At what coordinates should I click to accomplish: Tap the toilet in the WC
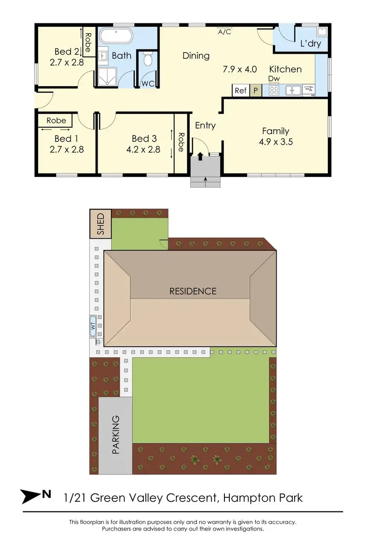[148, 60]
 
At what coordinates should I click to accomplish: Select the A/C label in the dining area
[225, 32]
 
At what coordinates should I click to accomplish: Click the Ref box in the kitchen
[241, 90]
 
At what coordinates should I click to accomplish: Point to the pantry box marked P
[255, 90]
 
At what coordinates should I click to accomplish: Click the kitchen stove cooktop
[273, 90]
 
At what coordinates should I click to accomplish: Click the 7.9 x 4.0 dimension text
[240, 69]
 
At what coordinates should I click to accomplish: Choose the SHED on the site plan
[100, 224]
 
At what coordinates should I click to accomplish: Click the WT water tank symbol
[93, 326]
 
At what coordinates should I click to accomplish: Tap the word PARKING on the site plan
[115, 435]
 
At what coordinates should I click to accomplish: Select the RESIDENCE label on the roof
[193, 291]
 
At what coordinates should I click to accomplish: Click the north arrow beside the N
[30, 496]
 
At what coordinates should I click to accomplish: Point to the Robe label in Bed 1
[56, 120]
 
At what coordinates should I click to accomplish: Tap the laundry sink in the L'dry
[322, 32]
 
